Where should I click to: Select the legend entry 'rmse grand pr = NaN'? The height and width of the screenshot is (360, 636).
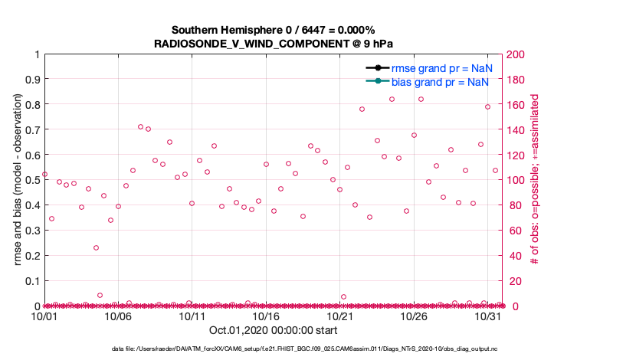[x=441, y=68]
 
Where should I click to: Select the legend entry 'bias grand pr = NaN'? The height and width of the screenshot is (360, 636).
[x=441, y=82]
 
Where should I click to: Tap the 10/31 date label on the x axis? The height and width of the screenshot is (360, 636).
[x=488, y=316]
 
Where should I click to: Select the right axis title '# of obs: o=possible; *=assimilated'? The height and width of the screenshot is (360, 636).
[x=536, y=180]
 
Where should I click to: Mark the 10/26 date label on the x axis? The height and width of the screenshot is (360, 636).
[x=415, y=316]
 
